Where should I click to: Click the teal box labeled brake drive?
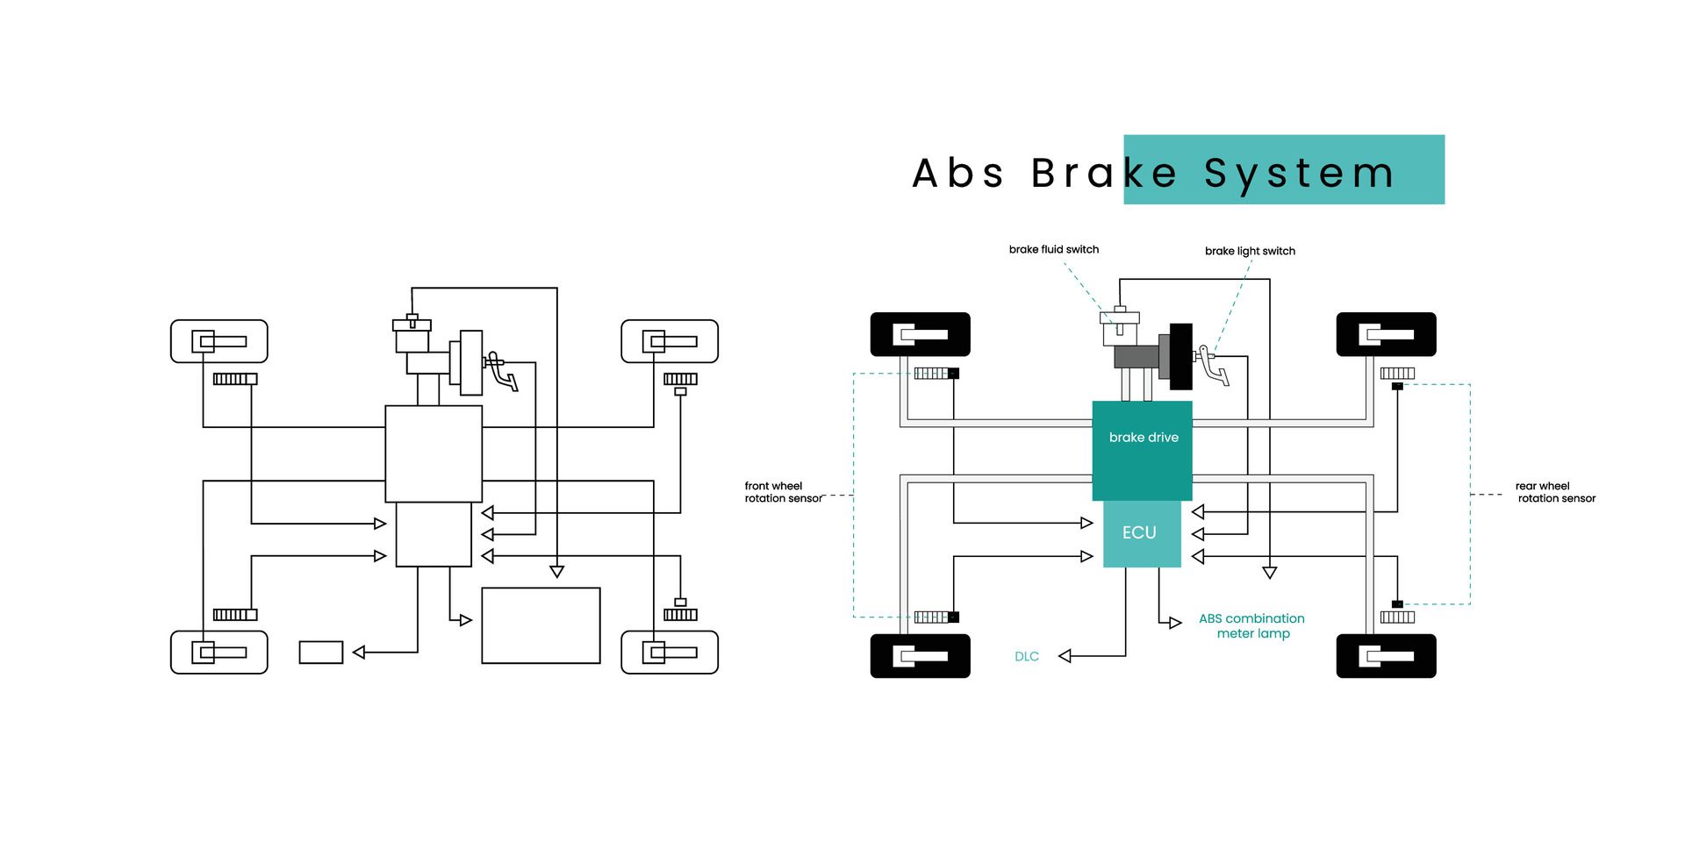(1142, 450)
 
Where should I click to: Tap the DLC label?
(1027, 656)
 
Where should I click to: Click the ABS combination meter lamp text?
(1251, 625)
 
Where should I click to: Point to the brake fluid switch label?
(1053, 249)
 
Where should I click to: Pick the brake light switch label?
(1250, 251)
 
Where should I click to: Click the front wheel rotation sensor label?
(782, 492)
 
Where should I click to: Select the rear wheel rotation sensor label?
(1555, 492)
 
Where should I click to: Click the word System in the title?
(1299, 173)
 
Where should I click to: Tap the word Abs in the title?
(957, 173)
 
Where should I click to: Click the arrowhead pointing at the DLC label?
(1065, 656)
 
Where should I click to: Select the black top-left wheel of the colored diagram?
(920, 334)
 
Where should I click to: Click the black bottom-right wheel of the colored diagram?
(1386, 656)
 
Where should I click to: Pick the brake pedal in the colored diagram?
(1215, 367)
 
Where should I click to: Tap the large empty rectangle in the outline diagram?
(541, 625)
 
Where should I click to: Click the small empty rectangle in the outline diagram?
(321, 653)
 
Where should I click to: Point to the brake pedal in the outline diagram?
(503, 371)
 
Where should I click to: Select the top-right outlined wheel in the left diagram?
(670, 341)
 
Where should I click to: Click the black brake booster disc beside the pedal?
(1180, 356)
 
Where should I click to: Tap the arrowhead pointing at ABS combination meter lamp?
(1175, 623)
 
